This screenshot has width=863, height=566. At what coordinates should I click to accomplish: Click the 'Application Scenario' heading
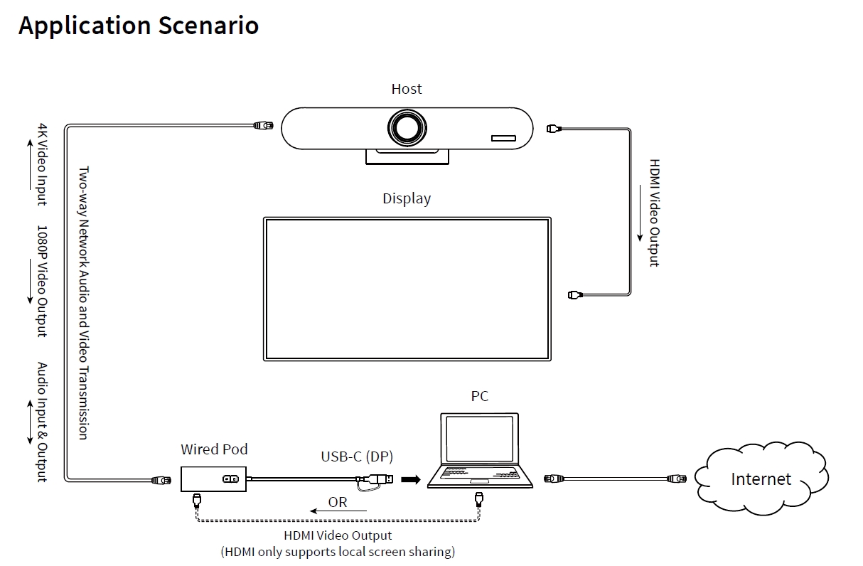139,26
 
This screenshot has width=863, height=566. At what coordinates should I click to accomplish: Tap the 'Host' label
407,89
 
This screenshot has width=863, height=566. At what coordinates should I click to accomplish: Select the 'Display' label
407,198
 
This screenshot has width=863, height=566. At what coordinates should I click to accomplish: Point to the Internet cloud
761,479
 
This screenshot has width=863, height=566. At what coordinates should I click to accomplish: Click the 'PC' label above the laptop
480,396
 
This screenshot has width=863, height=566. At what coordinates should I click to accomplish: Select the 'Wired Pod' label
214,449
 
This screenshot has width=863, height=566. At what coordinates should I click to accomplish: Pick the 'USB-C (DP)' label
357,456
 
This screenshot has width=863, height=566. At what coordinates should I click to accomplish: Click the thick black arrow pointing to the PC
411,479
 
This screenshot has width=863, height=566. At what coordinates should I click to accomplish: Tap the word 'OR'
338,502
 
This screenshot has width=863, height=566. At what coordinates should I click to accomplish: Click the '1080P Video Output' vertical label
42,282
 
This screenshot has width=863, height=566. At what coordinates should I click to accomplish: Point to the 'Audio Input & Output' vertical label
42,422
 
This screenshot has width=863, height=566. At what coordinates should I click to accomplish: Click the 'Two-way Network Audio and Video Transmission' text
83,303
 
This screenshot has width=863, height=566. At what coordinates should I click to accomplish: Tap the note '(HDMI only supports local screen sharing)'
338,551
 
